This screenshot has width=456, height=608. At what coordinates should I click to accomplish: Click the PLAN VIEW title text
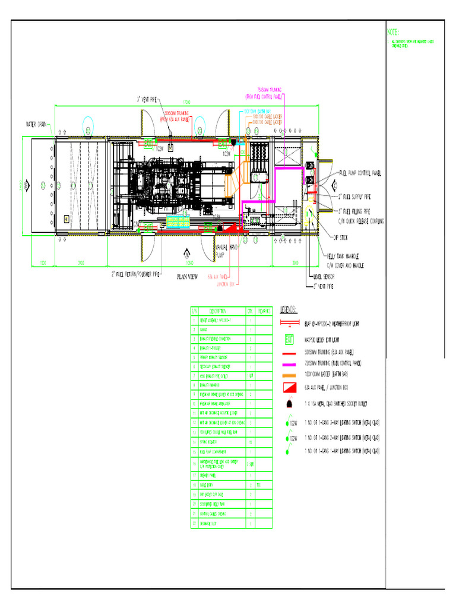(x=187, y=276)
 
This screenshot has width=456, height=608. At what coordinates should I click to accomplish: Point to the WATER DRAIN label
(x=36, y=125)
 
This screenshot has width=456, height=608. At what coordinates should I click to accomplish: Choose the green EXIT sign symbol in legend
(x=290, y=340)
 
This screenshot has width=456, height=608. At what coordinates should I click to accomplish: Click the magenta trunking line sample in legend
(x=289, y=362)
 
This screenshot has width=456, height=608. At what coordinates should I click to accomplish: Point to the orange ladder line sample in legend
(x=289, y=375)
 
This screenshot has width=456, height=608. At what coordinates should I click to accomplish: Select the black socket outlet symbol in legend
(x=290, y=404)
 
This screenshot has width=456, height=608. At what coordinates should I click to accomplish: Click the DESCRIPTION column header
(x=217, y=311)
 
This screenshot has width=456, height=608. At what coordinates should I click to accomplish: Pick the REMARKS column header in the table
(x=265, y=311)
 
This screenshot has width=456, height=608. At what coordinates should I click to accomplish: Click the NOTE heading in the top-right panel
(x=393, y=31)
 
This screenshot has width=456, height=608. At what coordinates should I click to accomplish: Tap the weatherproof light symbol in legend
(x=289, y=324)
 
